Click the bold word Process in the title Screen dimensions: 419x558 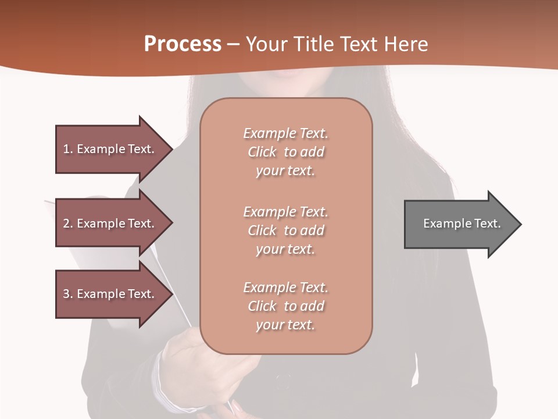[x=183, y=44]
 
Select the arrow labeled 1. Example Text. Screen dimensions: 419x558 [x=110, y=149]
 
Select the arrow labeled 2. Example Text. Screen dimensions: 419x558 [x=110, y=223]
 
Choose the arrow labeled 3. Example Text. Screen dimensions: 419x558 [x=110, y=294]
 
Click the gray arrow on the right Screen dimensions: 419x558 [x=459, y=224]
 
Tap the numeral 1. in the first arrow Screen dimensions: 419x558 [x=67, y=149]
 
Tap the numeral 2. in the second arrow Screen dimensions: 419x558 [x=67, y=223]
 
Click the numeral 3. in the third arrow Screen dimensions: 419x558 [x=67, y=294]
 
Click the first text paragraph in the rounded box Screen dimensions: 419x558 [x=285, y=152]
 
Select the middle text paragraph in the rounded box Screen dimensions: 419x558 [x=285, y=230]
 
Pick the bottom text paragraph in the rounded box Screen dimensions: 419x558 [x=285, y=306]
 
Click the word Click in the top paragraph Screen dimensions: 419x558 [x=262, y=152]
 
